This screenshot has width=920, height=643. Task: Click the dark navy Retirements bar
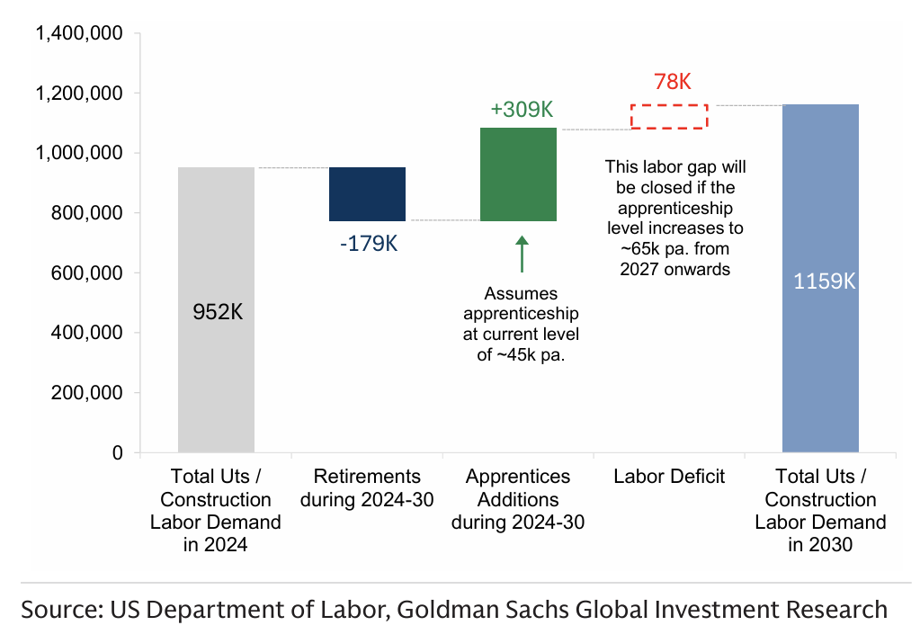[367, 194]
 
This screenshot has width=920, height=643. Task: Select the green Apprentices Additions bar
[518, 174]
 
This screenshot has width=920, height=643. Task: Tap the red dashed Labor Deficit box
[669, 116]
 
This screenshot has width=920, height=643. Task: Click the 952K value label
[218, 312]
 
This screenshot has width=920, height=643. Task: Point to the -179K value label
[368, 244]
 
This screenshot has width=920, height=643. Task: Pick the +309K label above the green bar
[521, 110]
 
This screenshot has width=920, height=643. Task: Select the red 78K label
[672, 82]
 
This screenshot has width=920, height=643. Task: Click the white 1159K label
[824, 281]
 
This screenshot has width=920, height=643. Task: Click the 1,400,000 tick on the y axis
[78, 34]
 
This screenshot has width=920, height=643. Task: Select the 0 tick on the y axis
[117, 453]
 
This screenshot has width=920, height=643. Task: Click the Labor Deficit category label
[669, 477]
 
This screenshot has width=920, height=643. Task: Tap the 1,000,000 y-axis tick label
[78, 154]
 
